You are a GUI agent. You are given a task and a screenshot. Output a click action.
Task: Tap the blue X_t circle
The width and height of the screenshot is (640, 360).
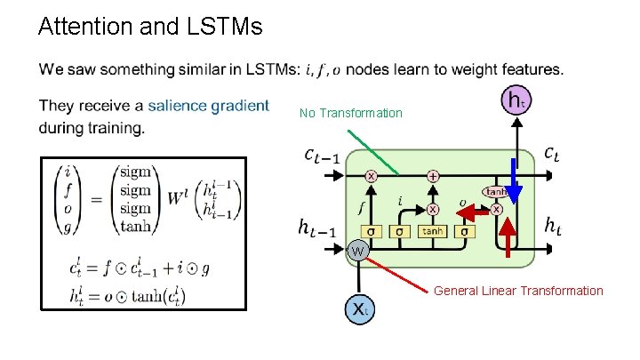pyautogui.click(x=358, y=308)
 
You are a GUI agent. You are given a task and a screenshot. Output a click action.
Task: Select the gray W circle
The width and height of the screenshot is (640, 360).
pyautogui.click(x=357, y=251)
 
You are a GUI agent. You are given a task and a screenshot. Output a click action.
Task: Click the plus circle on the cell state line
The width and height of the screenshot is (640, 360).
pyautogui.click(x=433, y=176)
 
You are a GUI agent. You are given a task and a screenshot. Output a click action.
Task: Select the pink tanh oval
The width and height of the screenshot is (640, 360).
pyautogui.click(x=494, y=192)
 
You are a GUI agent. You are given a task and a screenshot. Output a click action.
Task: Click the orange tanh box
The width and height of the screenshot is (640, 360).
pyautogui.click(x=432, y=231)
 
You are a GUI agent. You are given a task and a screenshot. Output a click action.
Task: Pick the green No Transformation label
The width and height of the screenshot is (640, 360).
pyautogui.click(x=350, y=113)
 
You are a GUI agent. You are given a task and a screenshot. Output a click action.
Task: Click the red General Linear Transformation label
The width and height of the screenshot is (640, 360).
pyautogui.click(x=518, y=291)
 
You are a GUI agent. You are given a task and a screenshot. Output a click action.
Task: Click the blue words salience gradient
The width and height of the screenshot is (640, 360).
pyautogui.click(x=208, y=106)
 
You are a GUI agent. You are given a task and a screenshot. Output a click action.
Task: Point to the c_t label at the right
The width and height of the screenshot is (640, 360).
pyautogui.click(x=551, y=155)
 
